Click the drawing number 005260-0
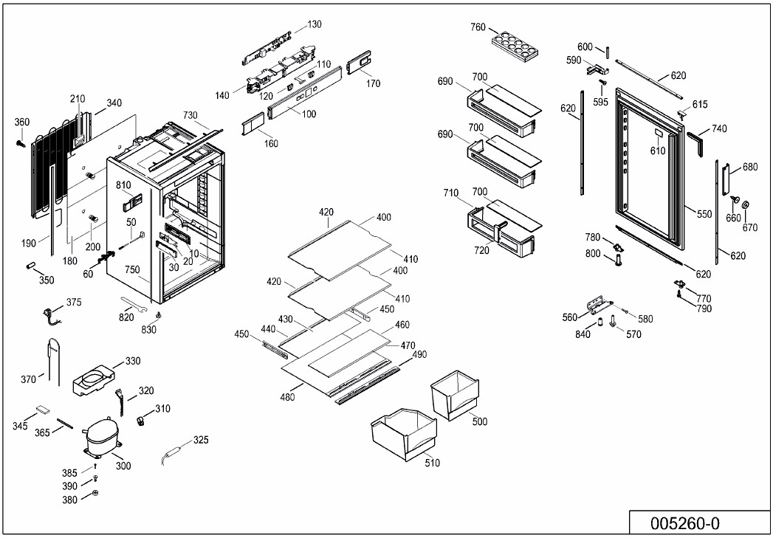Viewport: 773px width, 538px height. [684, 523]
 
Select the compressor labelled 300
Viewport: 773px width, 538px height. [101, 439]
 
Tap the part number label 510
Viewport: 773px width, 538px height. [432, 463]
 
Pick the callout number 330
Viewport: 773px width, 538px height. [133, 361]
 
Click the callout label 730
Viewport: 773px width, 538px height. [190, 115]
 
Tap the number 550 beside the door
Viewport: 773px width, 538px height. [704, 214]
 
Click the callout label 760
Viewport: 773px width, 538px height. [478, 27]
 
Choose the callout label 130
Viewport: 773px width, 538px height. [315, 24]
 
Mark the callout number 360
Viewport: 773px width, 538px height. [22, 123]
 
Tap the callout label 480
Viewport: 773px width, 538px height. [287, 398]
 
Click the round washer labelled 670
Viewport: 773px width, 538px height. [745, 204]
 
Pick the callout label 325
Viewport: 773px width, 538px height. [200, 440]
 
